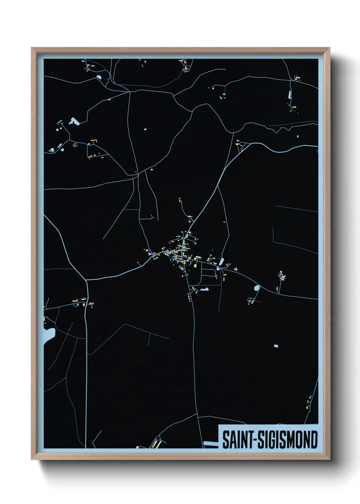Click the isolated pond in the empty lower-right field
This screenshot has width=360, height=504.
tap(276, 346)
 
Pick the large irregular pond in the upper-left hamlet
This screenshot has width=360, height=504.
tap(73, 121)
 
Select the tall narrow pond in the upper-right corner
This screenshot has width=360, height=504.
tap(290, 94)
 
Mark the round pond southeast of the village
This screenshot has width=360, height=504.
tap(257, 288)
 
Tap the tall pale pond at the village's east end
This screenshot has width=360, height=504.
tap(222, 262)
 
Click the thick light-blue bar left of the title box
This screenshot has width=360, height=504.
tap(210, 443)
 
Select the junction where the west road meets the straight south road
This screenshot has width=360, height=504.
tap(87, 280)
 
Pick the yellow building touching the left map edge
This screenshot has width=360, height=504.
tap(44, 319)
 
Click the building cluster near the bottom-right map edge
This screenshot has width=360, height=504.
tap(309, 402)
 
